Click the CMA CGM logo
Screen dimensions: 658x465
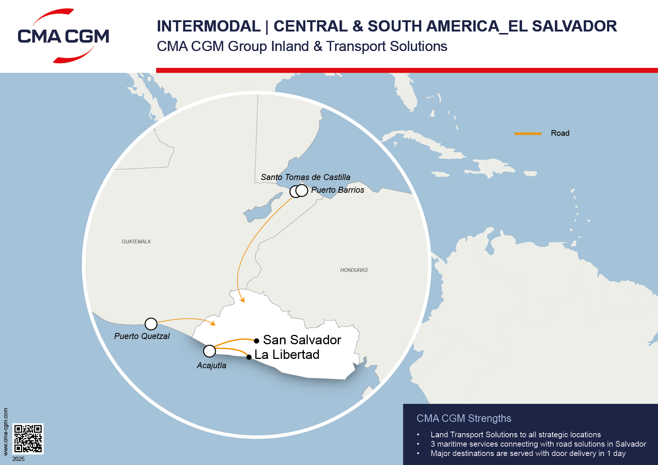point(63,36)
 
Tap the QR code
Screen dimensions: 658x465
point(28,438)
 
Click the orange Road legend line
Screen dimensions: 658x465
point(527,133)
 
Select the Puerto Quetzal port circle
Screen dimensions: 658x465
point(151,324)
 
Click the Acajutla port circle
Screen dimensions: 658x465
point(209,351)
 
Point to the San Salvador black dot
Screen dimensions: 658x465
point(257,341)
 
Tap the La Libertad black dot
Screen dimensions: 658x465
point(249,357)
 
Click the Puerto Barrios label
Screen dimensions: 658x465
point(337,190)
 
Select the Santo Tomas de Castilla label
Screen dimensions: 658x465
point(305,177)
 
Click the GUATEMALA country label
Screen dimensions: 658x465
point(136,242)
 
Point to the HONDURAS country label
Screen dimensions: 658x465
point(354,270)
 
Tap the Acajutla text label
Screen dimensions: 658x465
point(211,366)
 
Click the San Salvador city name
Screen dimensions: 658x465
point(302,340)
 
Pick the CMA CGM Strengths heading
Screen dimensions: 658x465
point(464,418)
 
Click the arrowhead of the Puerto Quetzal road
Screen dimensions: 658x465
point(213,323)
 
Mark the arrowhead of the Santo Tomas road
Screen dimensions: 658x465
point(242,300)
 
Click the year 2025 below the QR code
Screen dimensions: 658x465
point(18,459)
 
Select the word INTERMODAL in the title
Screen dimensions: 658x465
point(209,26)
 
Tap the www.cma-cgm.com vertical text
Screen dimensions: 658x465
point(6,431)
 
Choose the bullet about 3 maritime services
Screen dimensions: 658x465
point(538,444)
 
